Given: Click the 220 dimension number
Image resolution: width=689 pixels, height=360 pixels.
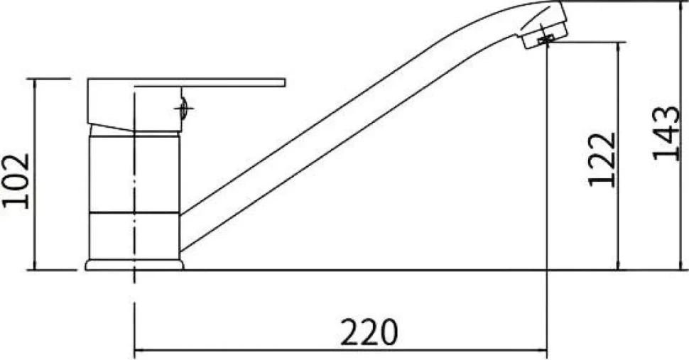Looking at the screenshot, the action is click(x=369, y=332).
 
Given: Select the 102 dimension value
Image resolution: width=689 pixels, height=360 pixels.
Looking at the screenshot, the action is click(x=16, y=181).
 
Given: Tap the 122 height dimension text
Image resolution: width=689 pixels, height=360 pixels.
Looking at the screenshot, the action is click(x=602, y=159).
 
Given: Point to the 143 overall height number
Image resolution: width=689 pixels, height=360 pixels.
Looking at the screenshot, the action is click(x=666, y=133).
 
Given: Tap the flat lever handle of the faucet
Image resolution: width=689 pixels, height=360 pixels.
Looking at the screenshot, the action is click(x=187, y=83).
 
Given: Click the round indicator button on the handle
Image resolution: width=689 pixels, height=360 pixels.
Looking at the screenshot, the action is click(x=183, y=108).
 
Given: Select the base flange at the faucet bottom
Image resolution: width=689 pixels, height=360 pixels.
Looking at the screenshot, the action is click(x=134, y=265).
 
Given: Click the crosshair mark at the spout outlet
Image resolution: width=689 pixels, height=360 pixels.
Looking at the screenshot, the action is click(x=546, y=39).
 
